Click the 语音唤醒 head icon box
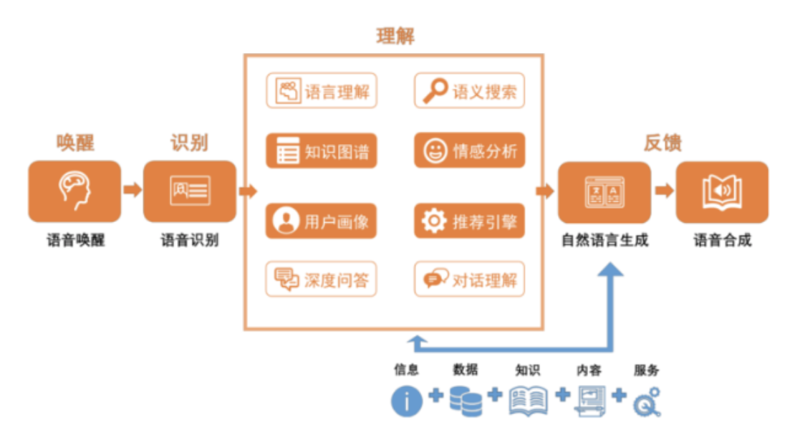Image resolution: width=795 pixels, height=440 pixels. click(74, 191)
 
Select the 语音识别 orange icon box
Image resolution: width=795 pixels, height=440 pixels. click(190, 191)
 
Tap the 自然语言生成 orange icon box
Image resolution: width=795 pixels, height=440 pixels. click(604, 191)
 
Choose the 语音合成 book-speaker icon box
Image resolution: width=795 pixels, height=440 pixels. click(722, 191)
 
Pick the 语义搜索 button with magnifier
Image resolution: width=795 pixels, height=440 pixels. click(469, 91)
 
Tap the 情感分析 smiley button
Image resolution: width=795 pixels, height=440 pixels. click(469, 150)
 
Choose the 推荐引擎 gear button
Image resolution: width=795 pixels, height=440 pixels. click(469, 221)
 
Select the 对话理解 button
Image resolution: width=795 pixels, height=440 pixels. click(469, 279)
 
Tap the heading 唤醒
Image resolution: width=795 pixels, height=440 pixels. click(75, 143)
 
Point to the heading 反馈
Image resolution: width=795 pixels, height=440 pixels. click(662, 143)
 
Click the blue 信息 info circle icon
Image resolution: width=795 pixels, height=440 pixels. click(406, 401)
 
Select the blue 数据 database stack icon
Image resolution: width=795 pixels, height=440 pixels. click(466, 401)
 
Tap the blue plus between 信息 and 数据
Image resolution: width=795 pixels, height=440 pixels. click(435, 395)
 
